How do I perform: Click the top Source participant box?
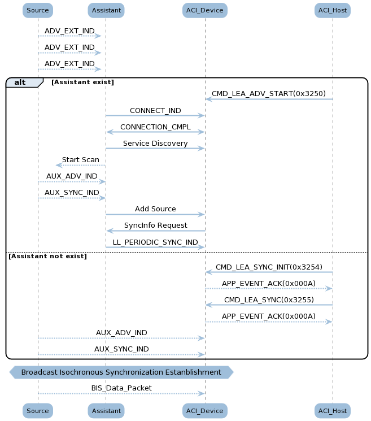38,11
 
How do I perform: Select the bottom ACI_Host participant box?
333,411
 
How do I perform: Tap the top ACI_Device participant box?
205,11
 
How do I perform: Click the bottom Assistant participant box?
106,411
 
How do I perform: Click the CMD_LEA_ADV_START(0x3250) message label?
269,93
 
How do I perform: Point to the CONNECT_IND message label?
155,110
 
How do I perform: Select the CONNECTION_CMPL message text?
155,127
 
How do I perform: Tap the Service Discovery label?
155,144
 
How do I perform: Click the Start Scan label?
81,160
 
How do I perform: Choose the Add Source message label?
155,209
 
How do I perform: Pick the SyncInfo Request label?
156,225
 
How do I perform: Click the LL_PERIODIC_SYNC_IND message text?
155,242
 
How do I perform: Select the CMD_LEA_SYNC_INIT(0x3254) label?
269,267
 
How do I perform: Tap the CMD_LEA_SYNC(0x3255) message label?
269,300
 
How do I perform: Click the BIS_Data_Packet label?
121,388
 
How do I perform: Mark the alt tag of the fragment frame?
20,82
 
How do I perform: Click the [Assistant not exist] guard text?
48,256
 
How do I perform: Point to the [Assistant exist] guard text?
82,82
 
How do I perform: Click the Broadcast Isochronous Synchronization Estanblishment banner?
121,372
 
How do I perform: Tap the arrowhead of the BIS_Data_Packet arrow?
202,394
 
